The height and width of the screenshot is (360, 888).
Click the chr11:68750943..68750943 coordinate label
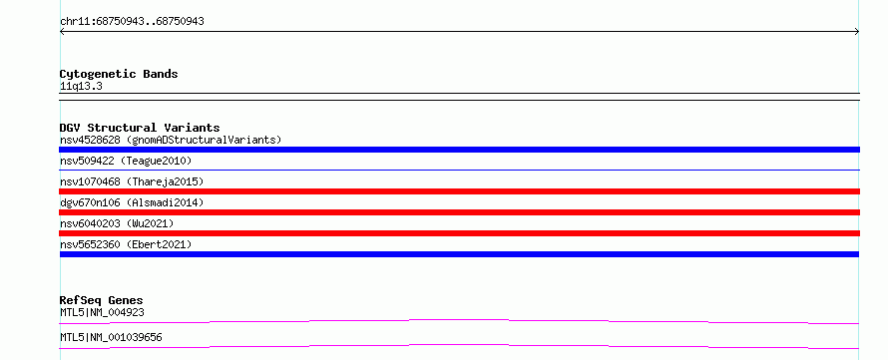[x=132, y=22]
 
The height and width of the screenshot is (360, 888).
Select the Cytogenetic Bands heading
[x=119, y=74]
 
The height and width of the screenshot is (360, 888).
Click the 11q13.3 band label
[x=81, y=87]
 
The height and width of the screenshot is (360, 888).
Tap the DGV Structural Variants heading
[x=140, y=128]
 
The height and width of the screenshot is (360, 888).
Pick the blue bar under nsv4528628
[x=459, y=150]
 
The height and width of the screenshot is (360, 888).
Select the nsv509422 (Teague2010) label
[x=126, y=162]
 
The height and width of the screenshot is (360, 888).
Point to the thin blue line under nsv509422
[x=459, y=170]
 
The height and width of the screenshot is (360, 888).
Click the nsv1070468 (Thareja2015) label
[x=132, y=181]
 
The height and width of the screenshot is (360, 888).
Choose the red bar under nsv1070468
[x=459, y=191]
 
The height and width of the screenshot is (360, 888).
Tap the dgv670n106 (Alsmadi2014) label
[x=132, y=202]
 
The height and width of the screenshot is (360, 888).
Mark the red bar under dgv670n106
[x=459, y=212]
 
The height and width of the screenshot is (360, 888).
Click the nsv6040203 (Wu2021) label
[x=117, y=223]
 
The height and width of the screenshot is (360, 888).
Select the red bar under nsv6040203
[x=459, y=233]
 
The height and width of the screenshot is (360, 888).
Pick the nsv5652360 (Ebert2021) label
[x=126, y=244]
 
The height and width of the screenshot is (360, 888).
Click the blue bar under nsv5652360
[x=459, y=254]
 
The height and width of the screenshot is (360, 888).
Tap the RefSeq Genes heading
[x=102, y=300]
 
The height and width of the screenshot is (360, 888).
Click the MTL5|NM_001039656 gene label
[x=111, y=338]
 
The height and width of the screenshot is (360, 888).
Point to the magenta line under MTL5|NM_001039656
[x=459, y=345]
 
